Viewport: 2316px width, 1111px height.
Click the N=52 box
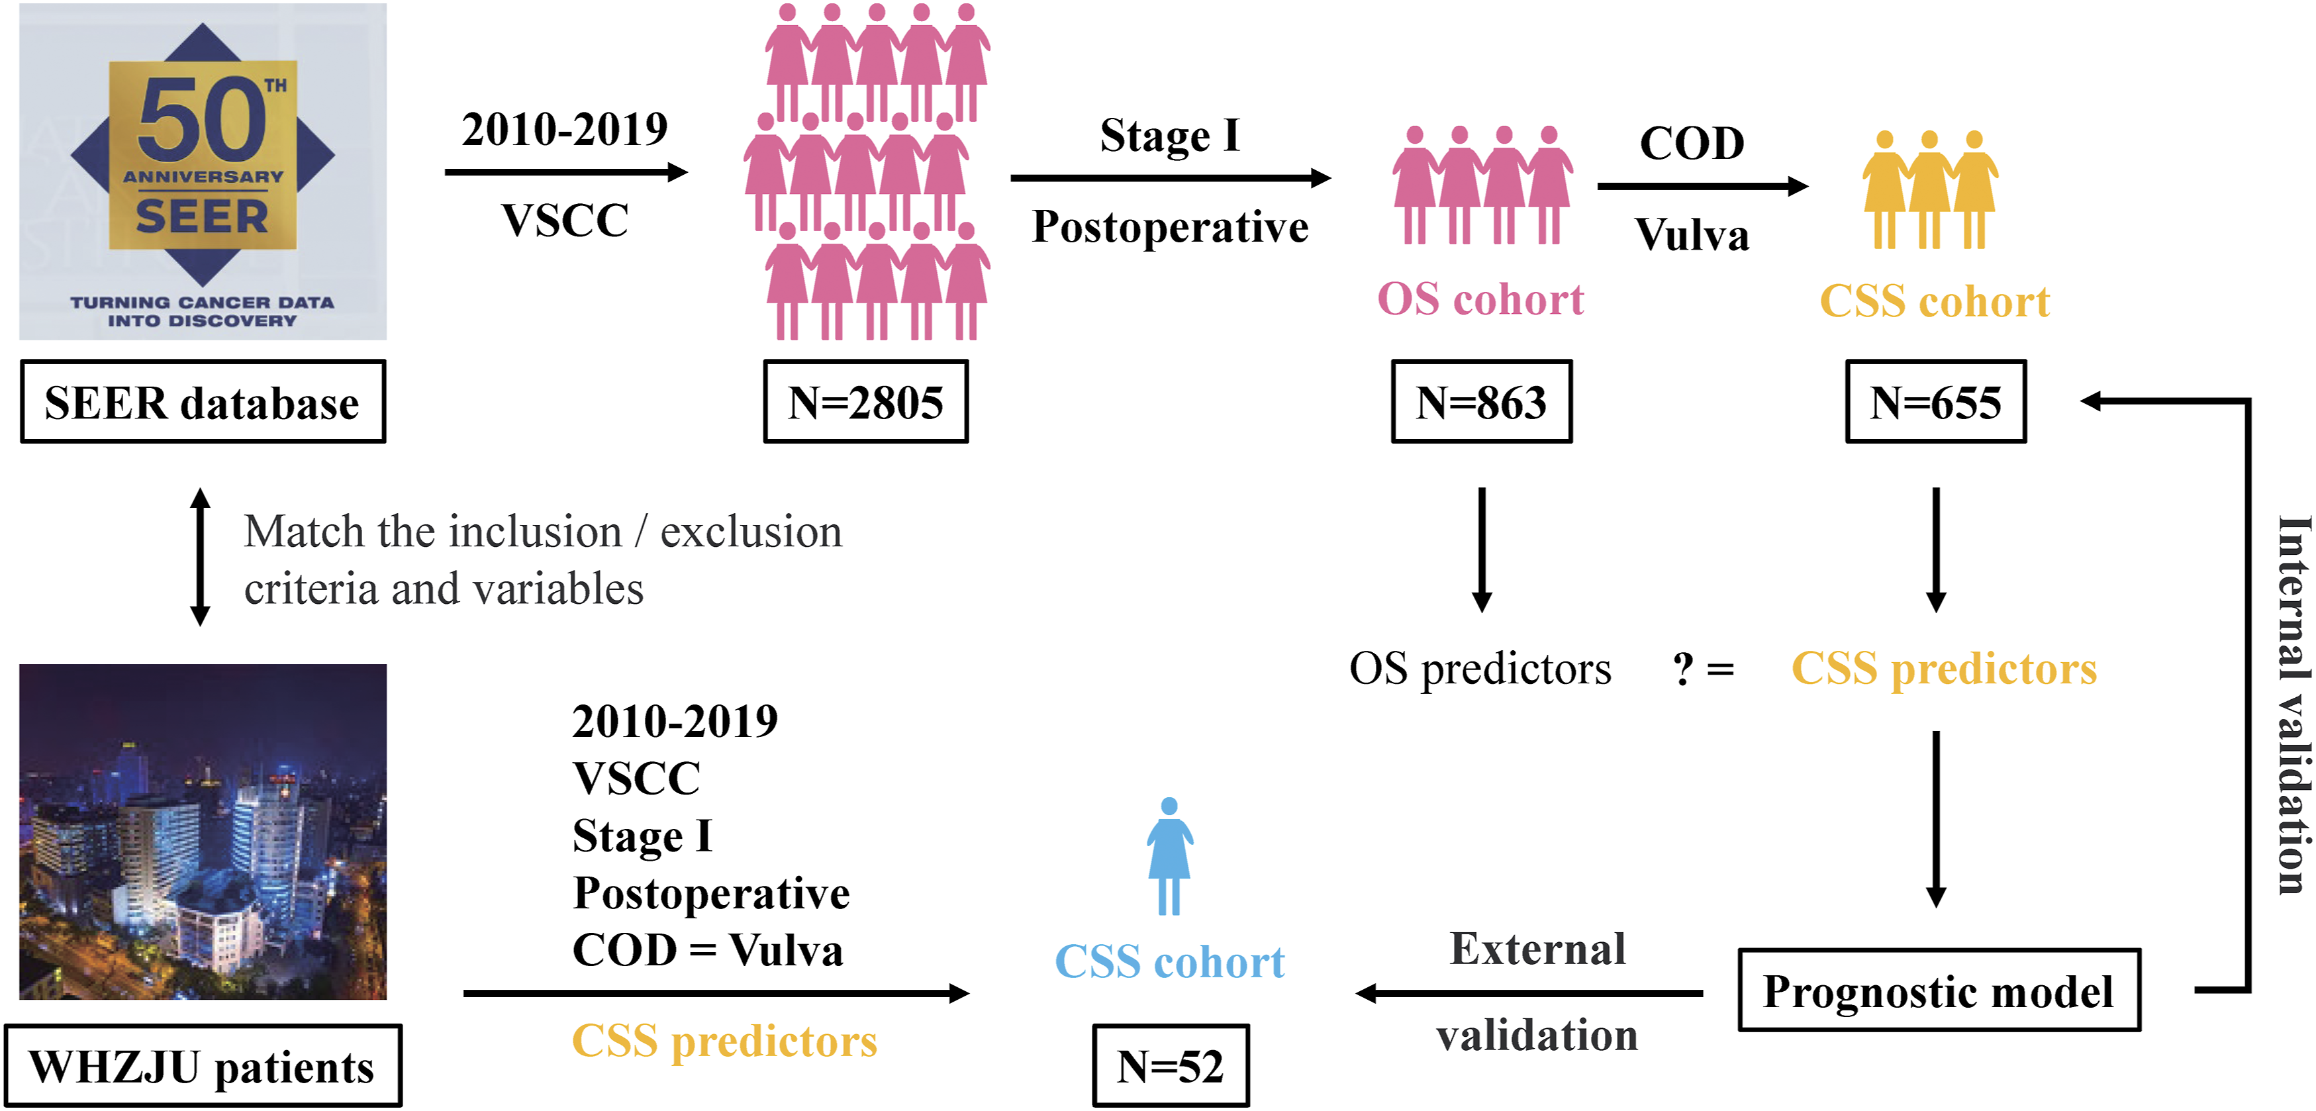click(x=1171, y=1065)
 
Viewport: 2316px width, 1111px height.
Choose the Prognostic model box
click(x=1939, y=990)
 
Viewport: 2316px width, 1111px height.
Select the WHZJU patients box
click(x=203, y=1065)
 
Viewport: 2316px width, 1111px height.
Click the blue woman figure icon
click(x=1170, y=855)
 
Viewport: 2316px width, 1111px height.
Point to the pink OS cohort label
click(x=1480, y=299)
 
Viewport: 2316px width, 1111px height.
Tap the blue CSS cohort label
click(x=1170, y=962)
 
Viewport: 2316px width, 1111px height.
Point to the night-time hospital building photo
click(x=203, y=832)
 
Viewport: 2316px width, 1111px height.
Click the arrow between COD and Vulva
click(x=1703, y=186)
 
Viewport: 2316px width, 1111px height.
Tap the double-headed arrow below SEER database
click(x=201, y=557)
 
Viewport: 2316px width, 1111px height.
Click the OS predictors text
click(x=1480, y=669)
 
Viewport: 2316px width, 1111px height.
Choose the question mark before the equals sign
click(x=1683, y=669)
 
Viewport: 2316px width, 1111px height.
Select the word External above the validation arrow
click(x=1538, y=949)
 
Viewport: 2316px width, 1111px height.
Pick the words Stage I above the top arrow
click(x=1171, y=136)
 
